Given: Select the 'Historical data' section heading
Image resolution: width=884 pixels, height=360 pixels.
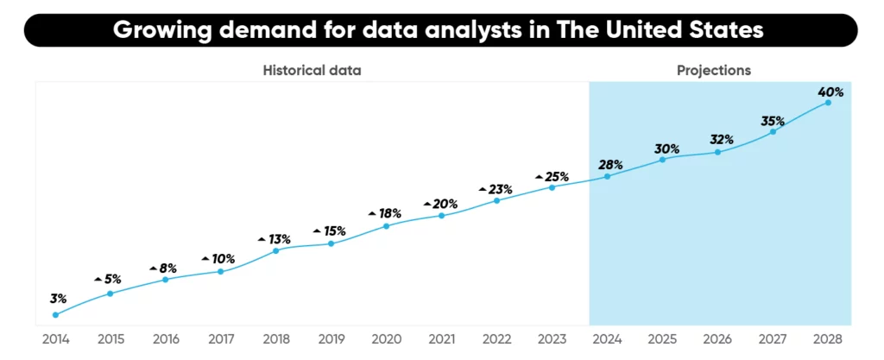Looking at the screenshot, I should point(312,70).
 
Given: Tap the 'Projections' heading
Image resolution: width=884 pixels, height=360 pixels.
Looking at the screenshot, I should point(713,70).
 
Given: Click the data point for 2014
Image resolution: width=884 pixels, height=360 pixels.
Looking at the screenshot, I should point(55,315).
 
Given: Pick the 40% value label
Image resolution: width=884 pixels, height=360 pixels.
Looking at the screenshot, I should point(831,92).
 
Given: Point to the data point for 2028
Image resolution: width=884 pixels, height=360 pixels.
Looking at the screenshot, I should point(828,103).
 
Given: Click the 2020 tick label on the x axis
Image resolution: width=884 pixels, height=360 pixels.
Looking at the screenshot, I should point(386,339).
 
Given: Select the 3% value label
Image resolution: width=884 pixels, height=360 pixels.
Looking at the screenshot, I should point(58,299).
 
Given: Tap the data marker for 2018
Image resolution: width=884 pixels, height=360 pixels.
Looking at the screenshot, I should point(275,250).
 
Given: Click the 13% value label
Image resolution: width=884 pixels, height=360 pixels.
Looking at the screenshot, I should point(280,239).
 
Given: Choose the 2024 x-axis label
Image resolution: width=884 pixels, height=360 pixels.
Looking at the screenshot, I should point(607,339).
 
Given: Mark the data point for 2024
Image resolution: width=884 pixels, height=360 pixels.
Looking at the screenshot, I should point(607,176).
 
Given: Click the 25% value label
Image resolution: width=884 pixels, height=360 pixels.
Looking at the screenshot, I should point(557,177).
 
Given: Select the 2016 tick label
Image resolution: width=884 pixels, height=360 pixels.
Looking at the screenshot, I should point(165,339).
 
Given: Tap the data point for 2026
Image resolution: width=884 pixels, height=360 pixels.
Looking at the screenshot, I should point(717,153).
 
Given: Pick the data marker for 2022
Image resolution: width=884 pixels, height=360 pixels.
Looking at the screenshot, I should point(496,200).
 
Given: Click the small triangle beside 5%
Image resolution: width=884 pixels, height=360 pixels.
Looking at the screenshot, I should point(98,280).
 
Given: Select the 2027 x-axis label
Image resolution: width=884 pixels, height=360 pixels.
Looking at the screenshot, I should point(773,339).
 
